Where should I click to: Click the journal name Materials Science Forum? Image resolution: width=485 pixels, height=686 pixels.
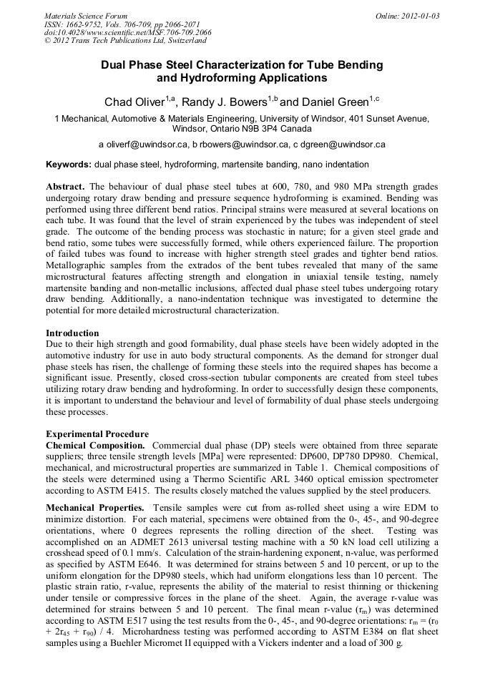click(86, 15)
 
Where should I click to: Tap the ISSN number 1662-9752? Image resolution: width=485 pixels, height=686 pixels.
click(91, 24)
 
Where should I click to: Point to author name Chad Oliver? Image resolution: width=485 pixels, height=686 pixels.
click(134, 102)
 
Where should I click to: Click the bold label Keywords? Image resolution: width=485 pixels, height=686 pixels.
click(69, 165)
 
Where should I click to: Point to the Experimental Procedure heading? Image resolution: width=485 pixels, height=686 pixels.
click(97, 434)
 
